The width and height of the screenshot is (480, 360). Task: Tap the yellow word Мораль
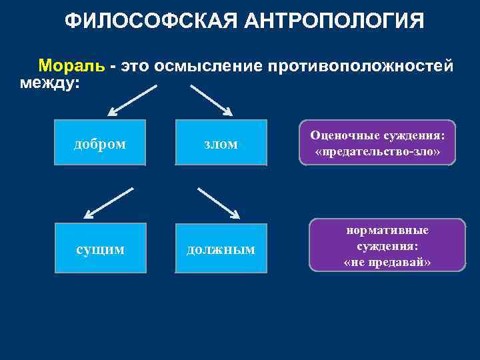click(x=71, y=66)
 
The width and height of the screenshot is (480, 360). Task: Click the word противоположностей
click(x=361, y=66)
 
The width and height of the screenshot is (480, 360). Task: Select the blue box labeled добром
click(x=99, y=143)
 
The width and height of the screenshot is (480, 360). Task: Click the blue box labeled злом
click(x=221, y=143)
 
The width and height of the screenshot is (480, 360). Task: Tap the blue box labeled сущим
click(x=99, y=249)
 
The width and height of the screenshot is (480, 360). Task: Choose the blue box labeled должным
click(x=221, y=249)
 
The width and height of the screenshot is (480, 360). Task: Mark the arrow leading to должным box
click(x=219, y=202)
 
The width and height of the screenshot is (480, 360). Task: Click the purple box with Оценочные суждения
click(x=377, y=143)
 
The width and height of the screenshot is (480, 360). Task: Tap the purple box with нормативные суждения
click(x=387, y=245)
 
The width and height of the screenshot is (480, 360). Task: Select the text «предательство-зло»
click(x=377, y=151)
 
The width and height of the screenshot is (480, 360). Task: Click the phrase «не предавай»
click(x=387, y=262)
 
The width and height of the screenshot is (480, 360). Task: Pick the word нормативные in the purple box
click(x=387, y=230)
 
